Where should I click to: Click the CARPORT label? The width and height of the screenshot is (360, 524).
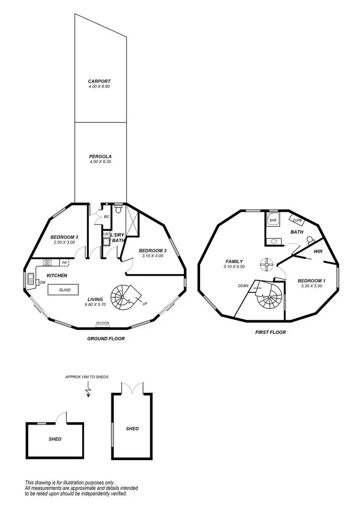click(99, 81)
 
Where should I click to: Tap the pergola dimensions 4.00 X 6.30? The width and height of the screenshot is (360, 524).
click(100, 162)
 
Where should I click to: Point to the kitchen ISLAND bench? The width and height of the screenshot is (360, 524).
click(65, 291)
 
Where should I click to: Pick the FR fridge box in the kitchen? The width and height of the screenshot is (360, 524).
click(64, 263)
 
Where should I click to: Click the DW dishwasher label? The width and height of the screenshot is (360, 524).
click(42, 282)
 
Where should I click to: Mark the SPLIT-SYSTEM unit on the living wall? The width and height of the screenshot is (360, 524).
click(102, 325)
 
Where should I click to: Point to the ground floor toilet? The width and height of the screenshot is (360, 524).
click(119, 209)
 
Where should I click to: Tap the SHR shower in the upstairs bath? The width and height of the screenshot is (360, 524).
click(273, 220)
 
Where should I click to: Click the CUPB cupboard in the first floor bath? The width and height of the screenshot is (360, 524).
click(297, 220)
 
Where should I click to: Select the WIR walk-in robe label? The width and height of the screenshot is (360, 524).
click(318, 251)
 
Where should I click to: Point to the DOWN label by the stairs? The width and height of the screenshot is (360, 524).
click(243, 286)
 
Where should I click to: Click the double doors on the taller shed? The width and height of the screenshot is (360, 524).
click(132, 388)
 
